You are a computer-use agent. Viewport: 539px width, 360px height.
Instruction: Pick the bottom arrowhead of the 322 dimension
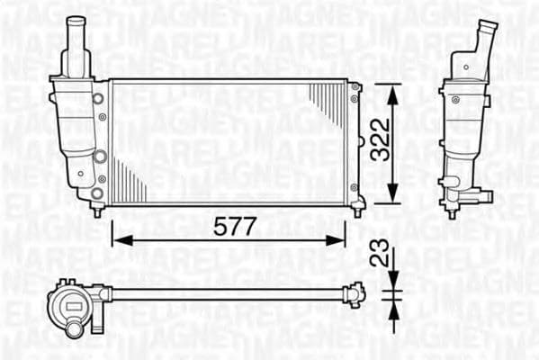391,199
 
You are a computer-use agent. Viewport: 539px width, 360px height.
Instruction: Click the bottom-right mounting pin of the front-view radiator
357,211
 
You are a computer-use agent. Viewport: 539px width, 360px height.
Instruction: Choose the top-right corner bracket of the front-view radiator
356,86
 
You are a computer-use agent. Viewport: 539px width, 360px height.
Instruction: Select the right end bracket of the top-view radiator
356,292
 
